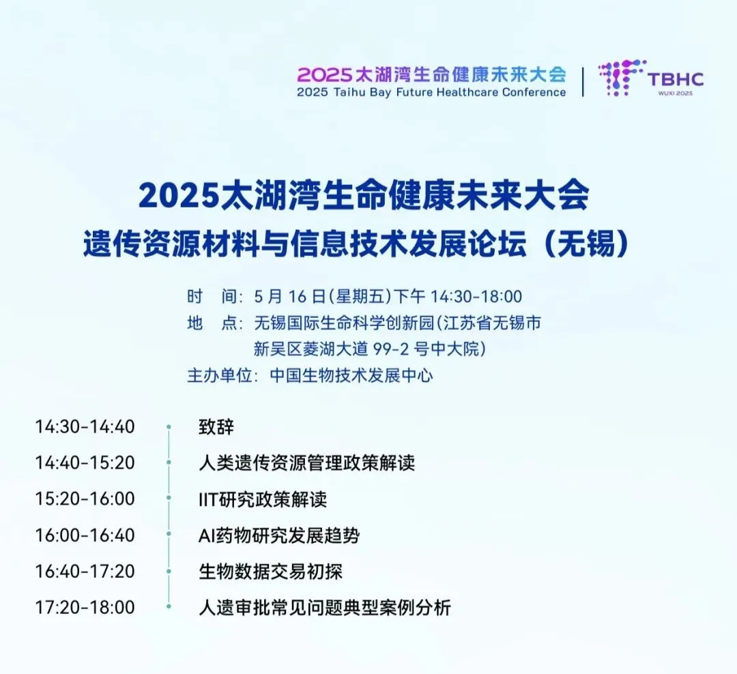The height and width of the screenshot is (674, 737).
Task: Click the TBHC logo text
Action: coord(676,79)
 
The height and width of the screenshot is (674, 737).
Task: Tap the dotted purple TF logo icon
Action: coord(621,78)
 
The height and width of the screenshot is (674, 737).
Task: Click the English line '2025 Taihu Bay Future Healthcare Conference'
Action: coord(431,92)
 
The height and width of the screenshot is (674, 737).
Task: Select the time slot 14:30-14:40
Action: coord(85,427)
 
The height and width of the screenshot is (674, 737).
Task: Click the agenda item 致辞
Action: coord(216,427)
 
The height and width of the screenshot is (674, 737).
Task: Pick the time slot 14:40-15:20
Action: coord(85,463)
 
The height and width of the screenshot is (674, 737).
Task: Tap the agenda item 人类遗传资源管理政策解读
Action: coord(306,463)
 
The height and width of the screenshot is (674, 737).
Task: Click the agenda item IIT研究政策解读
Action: coord(262,499)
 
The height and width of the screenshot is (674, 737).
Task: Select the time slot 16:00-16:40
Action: coord(85,535)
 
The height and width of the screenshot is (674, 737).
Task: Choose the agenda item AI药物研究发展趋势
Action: coord(279,536)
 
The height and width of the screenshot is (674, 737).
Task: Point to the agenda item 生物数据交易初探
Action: coord(270,572)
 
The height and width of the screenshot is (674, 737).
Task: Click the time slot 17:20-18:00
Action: coord(85,606)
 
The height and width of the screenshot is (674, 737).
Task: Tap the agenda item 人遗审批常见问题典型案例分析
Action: coord(324,607)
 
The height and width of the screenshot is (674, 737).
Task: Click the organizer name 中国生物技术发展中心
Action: coord(351,375)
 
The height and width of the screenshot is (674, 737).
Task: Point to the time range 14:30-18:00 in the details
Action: coord(476,297)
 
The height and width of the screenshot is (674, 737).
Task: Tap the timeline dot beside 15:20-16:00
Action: coord(169,498)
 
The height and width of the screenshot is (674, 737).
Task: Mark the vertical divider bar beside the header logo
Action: coord(583,82)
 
